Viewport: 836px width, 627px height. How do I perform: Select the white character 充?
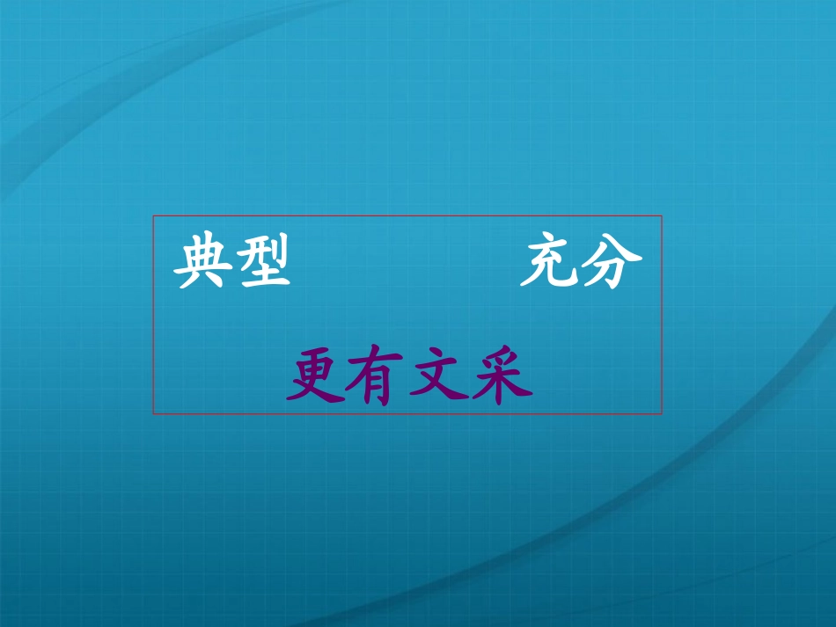click(x=549, y=265)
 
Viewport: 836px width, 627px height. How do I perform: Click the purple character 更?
click(x=317, y=379)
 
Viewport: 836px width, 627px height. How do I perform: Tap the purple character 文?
click(x=440, y=379)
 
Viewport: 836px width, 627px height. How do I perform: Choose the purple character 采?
click(x=502, y=379)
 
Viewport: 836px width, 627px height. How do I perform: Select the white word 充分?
click(x=581, y=265)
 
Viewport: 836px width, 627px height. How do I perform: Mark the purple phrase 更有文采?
click(x=409, y=379)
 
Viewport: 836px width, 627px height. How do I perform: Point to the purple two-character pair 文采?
click(x=472, y=379)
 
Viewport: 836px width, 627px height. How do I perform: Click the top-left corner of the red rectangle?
click(x=154, y=216)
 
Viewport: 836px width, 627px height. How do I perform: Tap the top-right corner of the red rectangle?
click(x=662, y=216)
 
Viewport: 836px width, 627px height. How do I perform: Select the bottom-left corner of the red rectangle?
click(x=154, y=413)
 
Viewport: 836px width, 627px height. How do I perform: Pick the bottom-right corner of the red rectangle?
click(x=662, y=413)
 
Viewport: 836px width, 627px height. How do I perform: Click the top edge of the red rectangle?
click(x=407, y=216)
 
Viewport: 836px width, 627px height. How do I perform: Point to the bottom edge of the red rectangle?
click(x=407, y=413)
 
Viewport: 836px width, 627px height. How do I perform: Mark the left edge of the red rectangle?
click(x=154, y=315)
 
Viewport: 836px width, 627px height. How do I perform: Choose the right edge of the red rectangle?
click(x=662, y=315)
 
